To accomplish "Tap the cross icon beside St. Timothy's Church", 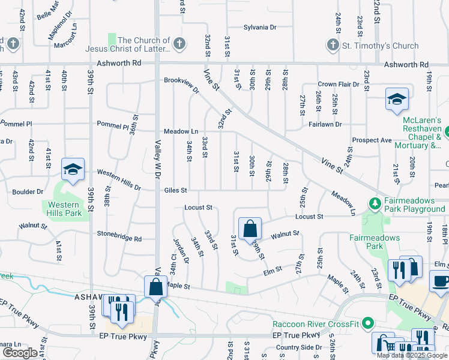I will pyautogui.click(x=333, y=45).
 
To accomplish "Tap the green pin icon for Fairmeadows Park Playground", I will pyautogui.click(x=375, y=205).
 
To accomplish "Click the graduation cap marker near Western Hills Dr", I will pyautogui.click(x=73, y=170).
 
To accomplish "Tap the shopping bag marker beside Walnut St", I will pyautogui.click(x=249, y=228).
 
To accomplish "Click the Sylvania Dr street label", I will pyautogui.click(x=260, y=28).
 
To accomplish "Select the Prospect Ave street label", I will pyautogui.click(x=372, y=140).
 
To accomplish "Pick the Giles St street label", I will pyautogui.click(x=176, y=191).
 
